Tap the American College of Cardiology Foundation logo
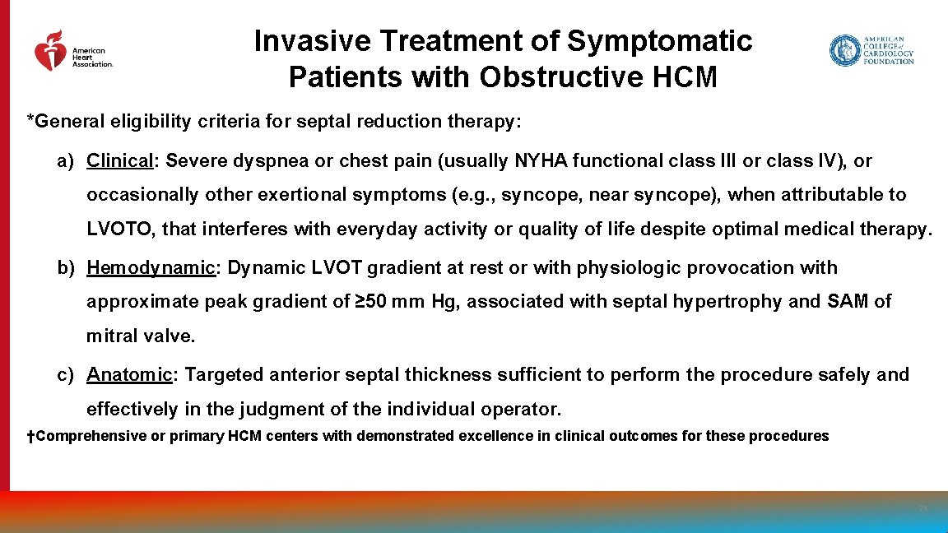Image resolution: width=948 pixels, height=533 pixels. click(x=871, y=50)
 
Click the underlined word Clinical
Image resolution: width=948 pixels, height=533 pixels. click(x=121, y=160)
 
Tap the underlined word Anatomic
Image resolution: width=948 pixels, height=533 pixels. click(x=130, y=374)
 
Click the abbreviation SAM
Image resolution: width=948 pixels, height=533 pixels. click(x=848, y=301)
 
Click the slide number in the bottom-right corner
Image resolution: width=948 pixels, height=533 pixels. click(x=922, y=509)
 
